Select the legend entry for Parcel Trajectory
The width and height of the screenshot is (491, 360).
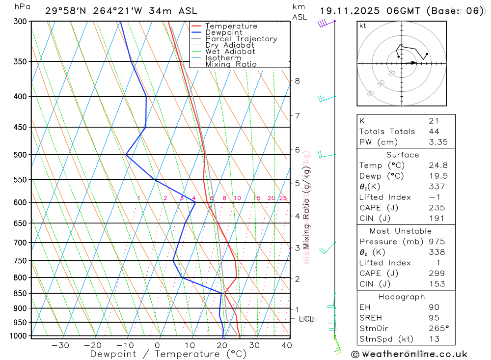pos(241,39)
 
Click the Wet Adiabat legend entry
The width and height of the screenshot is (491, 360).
pos(230,52)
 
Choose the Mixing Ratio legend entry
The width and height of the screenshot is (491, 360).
pos(231,64)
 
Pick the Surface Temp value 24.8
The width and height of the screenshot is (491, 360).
pos(438,166)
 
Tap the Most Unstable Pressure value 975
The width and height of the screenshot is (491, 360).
pos(436,242)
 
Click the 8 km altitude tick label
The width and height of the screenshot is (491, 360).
pos(297,81)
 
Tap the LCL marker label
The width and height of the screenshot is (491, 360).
pos(306,319)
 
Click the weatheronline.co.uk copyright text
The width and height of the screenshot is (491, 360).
pos(409,354)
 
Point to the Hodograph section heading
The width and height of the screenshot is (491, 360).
pos(402,297)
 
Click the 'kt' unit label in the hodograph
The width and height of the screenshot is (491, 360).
pos(363,26)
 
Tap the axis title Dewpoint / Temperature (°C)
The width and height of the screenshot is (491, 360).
pos(168,354)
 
